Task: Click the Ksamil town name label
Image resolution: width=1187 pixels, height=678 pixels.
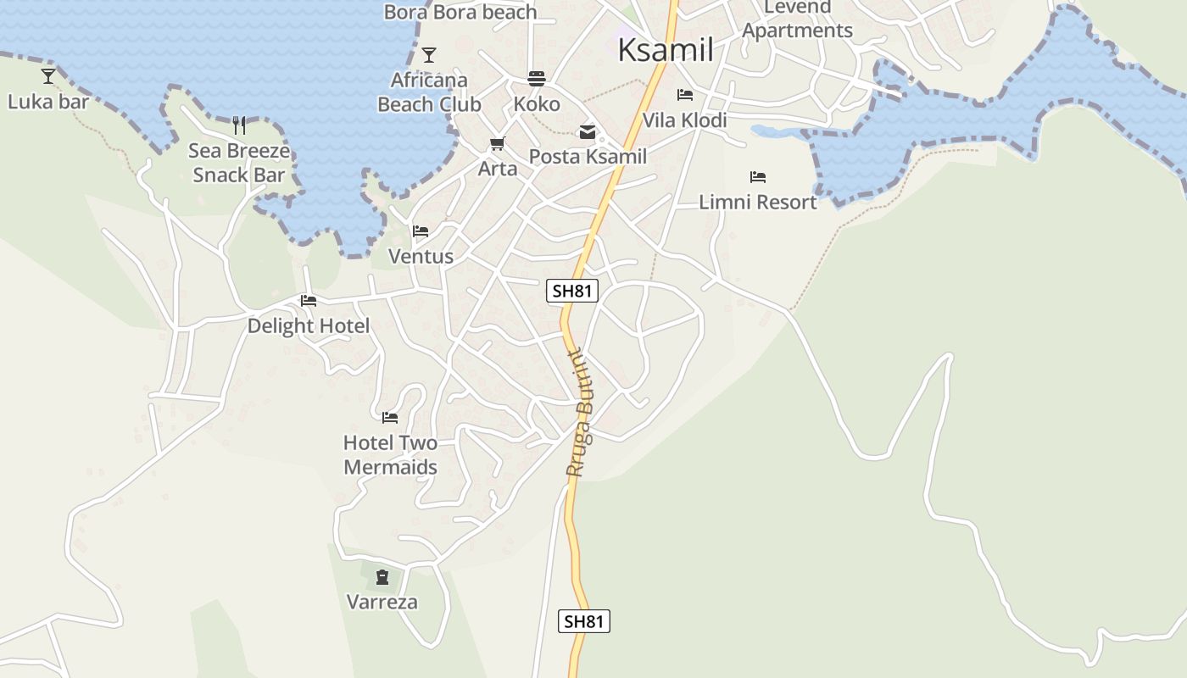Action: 665,50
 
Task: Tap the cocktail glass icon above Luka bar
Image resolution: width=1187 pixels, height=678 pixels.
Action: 48,76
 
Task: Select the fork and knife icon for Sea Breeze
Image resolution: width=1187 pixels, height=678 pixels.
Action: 239,125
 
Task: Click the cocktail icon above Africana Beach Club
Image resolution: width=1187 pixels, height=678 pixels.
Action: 429,55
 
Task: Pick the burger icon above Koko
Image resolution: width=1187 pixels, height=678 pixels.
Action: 537,79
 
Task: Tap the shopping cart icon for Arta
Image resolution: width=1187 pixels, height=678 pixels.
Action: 497,144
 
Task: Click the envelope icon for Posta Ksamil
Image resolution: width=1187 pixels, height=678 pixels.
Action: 588,131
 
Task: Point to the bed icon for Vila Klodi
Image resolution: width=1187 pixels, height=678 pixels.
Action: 685,95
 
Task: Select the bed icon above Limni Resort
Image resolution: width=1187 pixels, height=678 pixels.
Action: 758,177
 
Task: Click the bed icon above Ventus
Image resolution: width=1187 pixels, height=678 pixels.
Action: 421,231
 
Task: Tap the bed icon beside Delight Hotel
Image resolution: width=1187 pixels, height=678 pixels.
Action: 309,301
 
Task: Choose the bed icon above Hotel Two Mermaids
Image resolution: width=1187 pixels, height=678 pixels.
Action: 390,417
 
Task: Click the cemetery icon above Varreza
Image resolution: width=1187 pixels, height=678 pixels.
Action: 382,578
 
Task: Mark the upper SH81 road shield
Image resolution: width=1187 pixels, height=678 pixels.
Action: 571,292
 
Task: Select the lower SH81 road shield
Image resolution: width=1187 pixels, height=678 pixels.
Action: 584,621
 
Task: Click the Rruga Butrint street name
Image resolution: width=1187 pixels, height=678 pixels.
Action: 583,413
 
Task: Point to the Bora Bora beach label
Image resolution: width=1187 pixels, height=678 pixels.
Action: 460,12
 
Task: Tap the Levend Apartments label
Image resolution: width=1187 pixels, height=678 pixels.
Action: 797,19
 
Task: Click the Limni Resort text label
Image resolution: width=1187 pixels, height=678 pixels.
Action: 757,202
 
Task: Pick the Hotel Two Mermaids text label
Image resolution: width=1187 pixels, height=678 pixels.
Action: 390,455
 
